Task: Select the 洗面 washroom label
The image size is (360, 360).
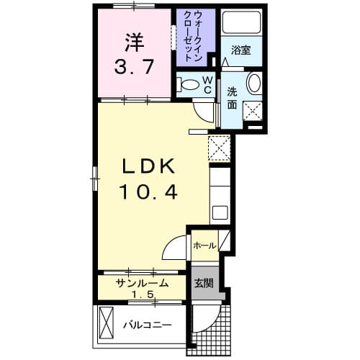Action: [233, 97]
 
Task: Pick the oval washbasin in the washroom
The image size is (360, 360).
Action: [254, 84]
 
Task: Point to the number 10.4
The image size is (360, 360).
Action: [148, 192]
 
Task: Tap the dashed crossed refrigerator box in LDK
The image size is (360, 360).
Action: [218, 148]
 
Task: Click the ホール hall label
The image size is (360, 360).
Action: [204, 246]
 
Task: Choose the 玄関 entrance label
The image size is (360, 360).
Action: [203, 283]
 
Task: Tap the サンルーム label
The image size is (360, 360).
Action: [143, 283]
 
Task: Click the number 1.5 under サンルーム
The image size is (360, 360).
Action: [142, 294]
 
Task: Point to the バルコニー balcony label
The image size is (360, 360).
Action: [146, 325]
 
